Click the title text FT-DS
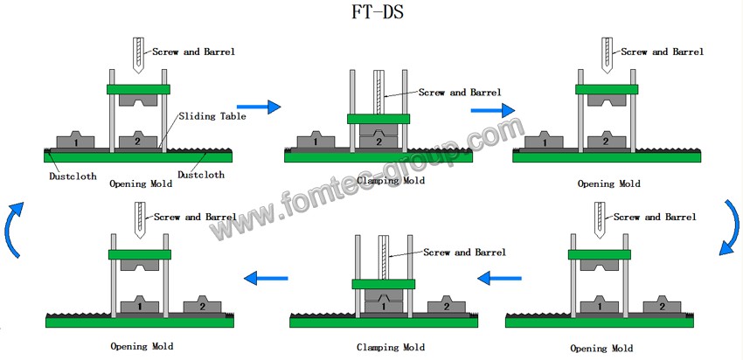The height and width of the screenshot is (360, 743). pos(371,15)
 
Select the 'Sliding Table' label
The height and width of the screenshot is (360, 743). pos(214,115)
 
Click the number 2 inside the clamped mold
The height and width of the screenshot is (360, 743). pos(378,141)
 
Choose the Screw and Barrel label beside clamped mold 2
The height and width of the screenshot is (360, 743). pos(460,92)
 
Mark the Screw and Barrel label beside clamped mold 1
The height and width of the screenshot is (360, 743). pos(464,252)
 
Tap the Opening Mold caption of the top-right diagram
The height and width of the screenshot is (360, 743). pos(608,183)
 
